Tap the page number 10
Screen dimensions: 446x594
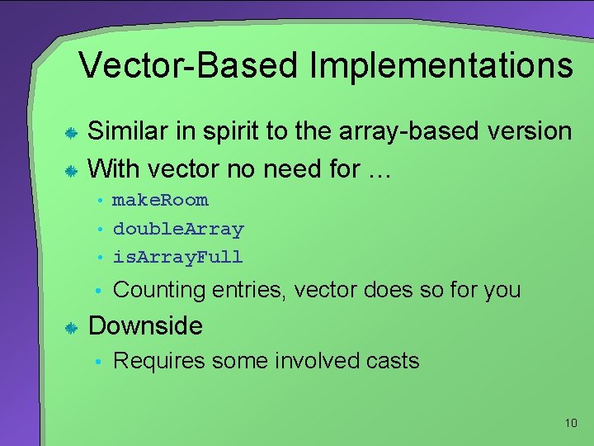[571, 423]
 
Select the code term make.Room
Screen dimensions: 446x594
[161, 200]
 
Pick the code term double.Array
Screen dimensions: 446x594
[178, 229]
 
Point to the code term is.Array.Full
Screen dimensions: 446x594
[178, 257]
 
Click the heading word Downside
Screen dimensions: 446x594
[145, 325]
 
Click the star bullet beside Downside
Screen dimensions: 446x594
[72, 329]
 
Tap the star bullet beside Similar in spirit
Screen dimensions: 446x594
[72, 133]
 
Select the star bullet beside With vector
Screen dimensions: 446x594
[72, 171]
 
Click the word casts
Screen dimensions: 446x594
[391, 361]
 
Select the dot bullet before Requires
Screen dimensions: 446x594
[98, 362]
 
